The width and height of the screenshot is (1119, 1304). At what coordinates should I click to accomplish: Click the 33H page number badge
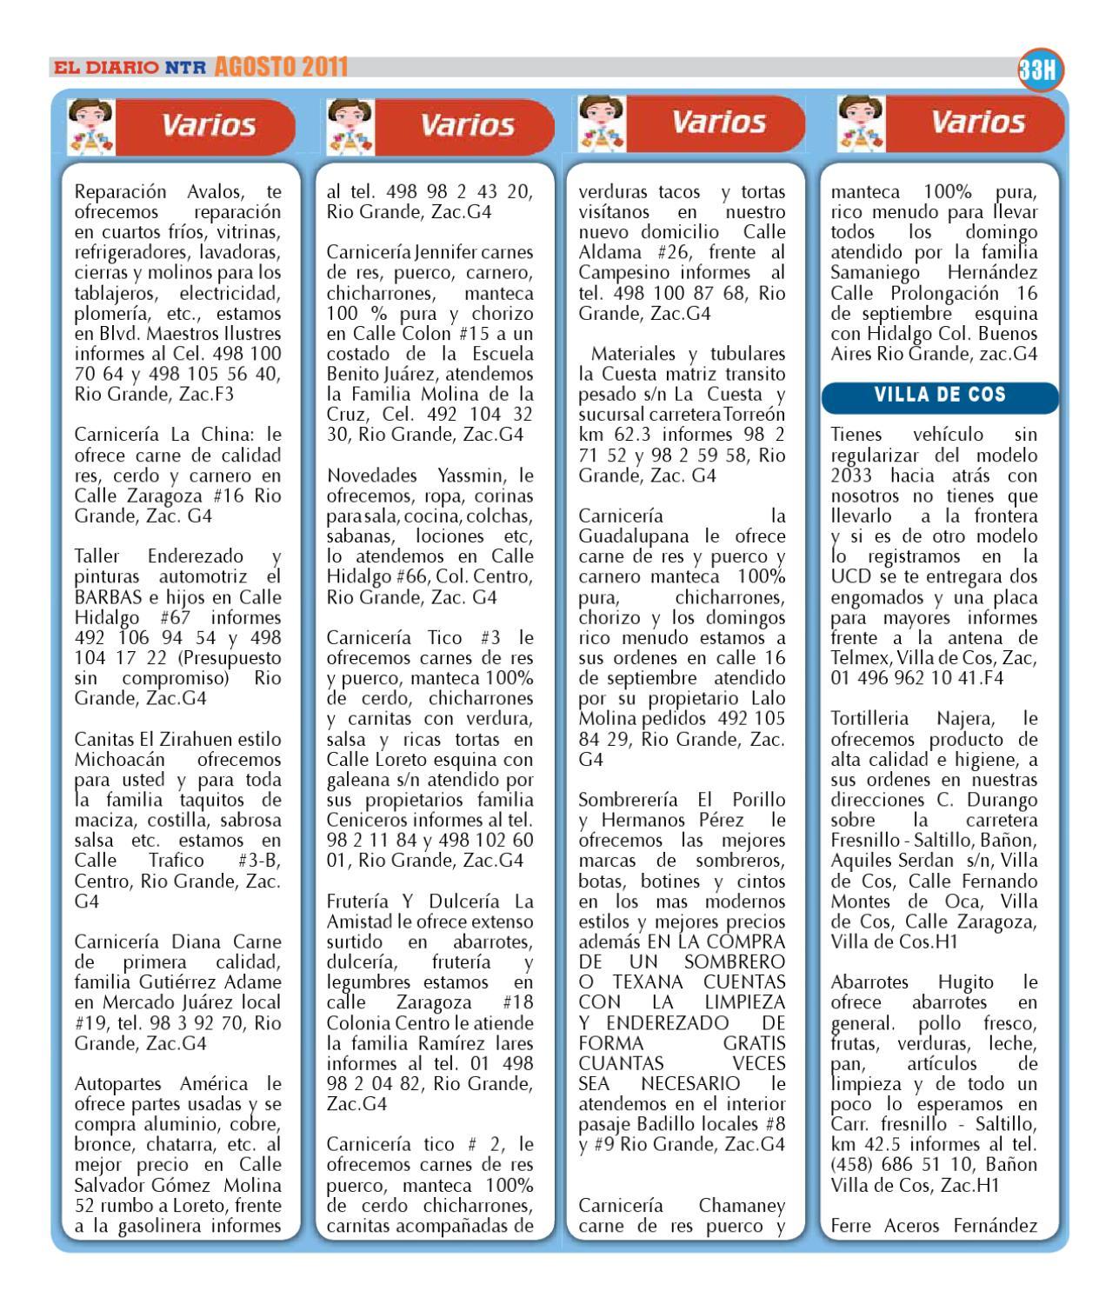pos(1042,70)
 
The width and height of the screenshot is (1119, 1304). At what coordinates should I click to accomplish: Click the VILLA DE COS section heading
pos(940,396)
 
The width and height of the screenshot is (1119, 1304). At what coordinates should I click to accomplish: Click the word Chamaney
pos(742,1206)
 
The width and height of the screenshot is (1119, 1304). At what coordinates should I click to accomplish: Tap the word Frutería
pos(357,901)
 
